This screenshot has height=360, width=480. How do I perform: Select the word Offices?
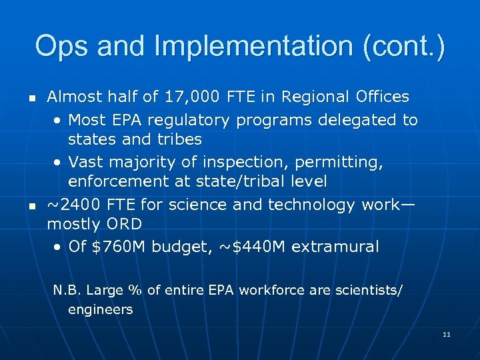click(x=383, y=97)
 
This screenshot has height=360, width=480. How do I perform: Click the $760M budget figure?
click(x=117, y=247)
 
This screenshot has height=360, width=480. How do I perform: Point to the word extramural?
click(x=335, y=247)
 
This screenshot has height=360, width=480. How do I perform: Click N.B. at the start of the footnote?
click(x=67, y=290)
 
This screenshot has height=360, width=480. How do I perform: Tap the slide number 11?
click(x=447, y=335)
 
